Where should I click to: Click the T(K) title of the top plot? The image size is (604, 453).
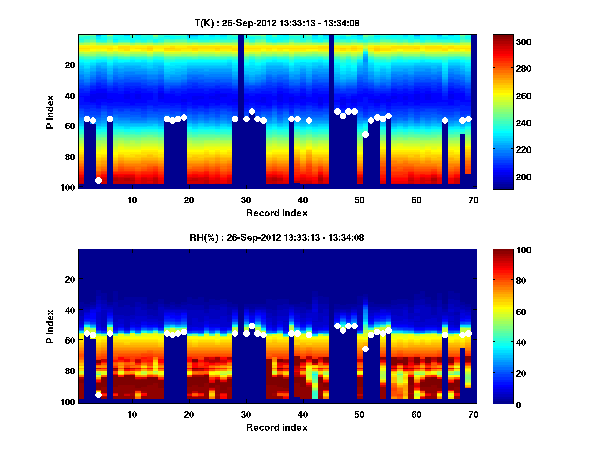point(277,23)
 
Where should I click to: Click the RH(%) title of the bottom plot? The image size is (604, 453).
point(277,238)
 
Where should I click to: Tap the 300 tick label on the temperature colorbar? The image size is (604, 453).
point(506,42)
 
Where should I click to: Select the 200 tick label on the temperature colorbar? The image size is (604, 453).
point(506,177)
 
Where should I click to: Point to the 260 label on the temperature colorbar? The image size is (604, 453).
point(506,96)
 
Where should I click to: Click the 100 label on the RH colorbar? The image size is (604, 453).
point(506,250)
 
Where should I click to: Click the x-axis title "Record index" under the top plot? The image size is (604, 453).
point(277,213)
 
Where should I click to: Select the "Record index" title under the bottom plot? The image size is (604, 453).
point(277,427)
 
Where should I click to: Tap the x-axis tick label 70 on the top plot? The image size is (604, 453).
point(473,200)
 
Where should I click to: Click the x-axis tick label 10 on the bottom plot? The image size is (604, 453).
point(132,414)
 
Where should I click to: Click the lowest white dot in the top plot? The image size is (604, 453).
point(98,180)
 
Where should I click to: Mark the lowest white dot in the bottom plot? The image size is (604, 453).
point(98,395)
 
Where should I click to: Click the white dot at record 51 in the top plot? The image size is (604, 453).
point(365,134)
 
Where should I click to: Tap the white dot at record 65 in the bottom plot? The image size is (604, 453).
point(445,335)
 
